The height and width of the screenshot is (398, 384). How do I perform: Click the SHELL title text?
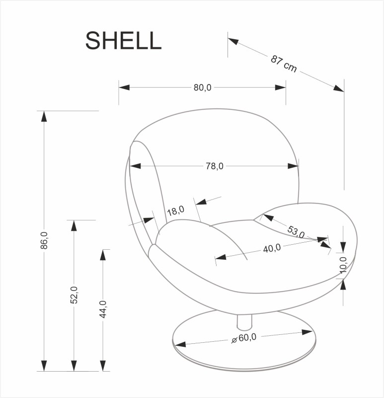point(123,41)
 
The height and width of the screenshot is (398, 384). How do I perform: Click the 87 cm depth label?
point(284,64)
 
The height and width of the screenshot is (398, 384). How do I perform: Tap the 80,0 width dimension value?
point(202,88)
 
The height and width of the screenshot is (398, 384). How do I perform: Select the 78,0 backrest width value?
point(214,166)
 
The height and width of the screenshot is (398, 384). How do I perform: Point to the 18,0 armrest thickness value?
point(175,211)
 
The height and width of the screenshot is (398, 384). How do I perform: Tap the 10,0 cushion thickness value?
point(342,265)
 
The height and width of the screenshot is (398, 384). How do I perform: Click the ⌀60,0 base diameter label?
point(243,338)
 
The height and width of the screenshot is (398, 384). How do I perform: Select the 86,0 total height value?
point(44,240)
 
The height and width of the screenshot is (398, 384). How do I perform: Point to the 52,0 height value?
point(74,295)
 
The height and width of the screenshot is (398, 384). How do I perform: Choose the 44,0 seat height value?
point(103,309)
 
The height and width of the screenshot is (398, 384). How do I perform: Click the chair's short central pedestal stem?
point(244,322)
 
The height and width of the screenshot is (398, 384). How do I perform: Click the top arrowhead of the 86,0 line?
point(44,117)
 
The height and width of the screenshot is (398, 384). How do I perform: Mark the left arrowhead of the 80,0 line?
point(124,88)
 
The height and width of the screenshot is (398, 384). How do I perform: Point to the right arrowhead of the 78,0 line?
point(294,166)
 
